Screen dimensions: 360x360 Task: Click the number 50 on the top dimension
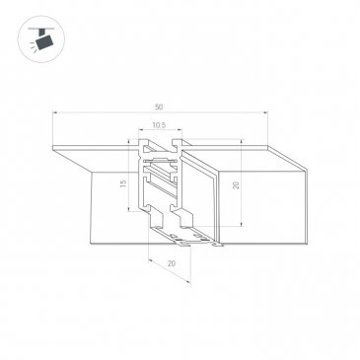(159, 107)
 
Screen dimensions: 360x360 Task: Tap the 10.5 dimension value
(159, 125)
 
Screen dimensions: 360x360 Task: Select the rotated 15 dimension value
(123, 183)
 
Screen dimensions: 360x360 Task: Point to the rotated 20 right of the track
(236, 185)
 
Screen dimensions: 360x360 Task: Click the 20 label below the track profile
(172, 263)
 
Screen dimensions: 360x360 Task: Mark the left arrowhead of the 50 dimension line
(55, 112)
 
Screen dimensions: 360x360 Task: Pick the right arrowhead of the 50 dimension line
(265, 112)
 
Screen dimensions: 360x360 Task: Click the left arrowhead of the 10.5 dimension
(141, 130)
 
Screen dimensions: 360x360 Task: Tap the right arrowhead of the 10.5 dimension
(180, 130)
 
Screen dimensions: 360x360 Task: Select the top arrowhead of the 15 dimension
(128, 141)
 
